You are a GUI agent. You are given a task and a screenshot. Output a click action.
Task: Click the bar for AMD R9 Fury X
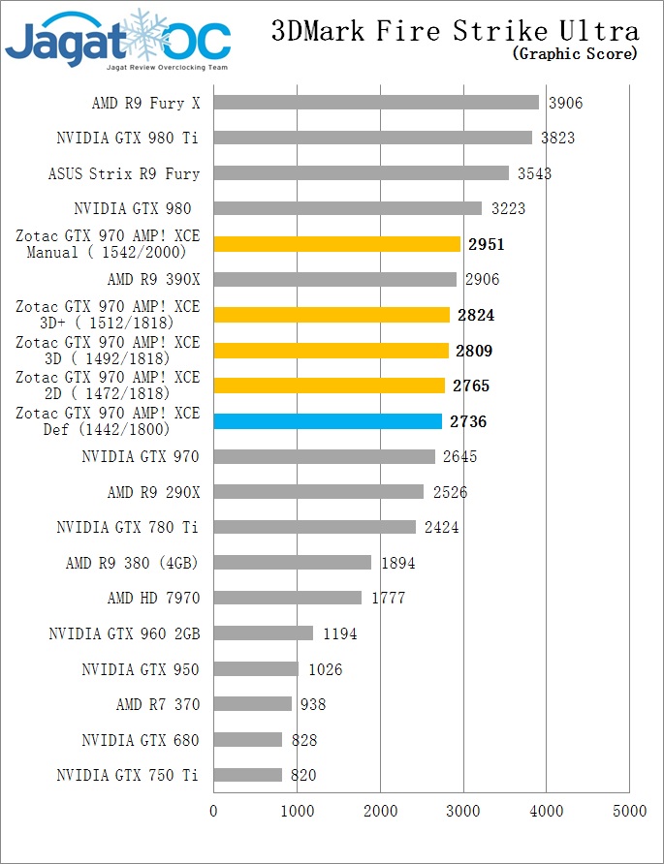(375, 103)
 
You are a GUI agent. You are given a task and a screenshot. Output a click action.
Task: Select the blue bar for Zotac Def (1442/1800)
(327, 421)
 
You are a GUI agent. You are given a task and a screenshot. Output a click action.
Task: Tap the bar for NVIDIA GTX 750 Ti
(247, 775)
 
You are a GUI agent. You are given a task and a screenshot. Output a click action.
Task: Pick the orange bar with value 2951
(335, 244)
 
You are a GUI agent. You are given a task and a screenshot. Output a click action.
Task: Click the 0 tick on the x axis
(213, 810)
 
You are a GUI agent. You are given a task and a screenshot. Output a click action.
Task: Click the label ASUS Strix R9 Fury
(124, 174)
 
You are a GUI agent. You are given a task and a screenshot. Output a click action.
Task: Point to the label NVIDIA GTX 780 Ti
(128, 528)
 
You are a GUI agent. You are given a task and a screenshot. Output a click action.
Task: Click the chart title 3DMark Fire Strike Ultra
(455, 31)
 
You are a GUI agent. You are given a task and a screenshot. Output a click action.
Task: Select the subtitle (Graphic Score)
(575, 54)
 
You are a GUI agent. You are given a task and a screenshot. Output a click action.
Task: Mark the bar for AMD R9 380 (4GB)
(292, 563)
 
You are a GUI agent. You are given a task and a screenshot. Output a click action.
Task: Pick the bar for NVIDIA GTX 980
(347, 208)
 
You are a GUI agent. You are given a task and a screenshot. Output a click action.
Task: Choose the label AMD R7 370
(158, 705)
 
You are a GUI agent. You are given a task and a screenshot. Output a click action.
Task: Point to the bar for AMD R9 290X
(318, 492)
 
